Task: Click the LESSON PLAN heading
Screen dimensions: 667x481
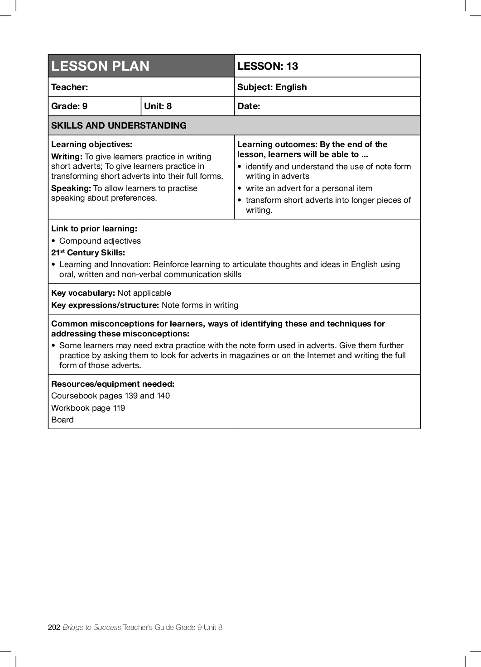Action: pos(100,66)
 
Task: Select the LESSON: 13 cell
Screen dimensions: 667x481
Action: pos(268,66)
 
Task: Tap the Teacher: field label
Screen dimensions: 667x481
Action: pos(70,87)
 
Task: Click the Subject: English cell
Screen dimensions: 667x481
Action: pos(272,87)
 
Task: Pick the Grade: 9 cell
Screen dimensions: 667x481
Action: pos(69,106)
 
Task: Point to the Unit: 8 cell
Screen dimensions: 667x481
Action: pos(158,106)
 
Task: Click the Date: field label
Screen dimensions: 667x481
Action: pos(249,106)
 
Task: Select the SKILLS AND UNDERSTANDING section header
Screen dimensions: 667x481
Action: pos(119,125)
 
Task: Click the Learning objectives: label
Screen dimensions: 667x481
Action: pos(91,144)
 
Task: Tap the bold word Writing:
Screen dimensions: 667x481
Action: pos(67,157)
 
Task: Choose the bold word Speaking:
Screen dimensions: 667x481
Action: pos(71,188)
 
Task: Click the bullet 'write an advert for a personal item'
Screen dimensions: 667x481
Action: pos(309,188)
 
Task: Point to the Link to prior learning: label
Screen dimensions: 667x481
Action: pos(94,229)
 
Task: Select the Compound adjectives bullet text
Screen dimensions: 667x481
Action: pos(100,241)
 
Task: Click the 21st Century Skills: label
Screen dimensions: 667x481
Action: pos(88,253)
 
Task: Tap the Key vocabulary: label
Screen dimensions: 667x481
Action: pos(83,293)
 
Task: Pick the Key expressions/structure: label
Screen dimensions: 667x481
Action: pos(105,305)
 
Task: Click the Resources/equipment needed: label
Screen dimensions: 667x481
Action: pos(112,384)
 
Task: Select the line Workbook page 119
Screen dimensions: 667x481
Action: pos(88,408)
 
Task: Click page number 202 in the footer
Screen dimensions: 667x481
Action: pos(54,627)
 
